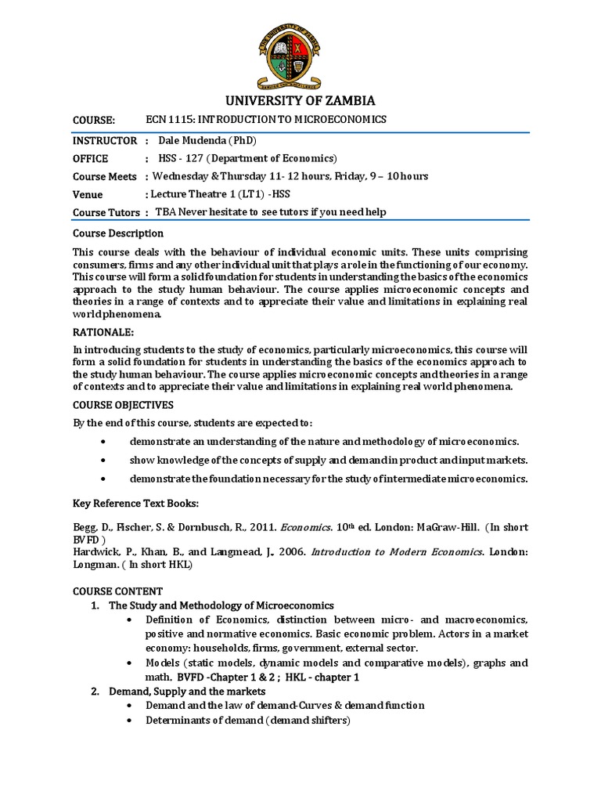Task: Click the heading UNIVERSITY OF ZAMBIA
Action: tap(300, 100)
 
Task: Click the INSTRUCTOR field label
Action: tap(99, 141)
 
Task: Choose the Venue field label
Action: tap(88, 194)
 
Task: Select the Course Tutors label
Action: tap(106, 212)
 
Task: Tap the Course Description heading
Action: tap(118, 233)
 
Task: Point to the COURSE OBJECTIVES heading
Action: tap(123, 405)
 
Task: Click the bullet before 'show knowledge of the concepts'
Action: tap(104, 460)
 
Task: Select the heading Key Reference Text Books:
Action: tap(135, 503)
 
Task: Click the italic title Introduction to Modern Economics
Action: tap(396, 551)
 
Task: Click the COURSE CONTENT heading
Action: tap(117, 591)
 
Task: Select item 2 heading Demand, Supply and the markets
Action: tap(187, 692)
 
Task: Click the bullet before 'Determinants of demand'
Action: tap(128, 721)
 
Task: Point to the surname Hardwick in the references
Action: tap(97, 551)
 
